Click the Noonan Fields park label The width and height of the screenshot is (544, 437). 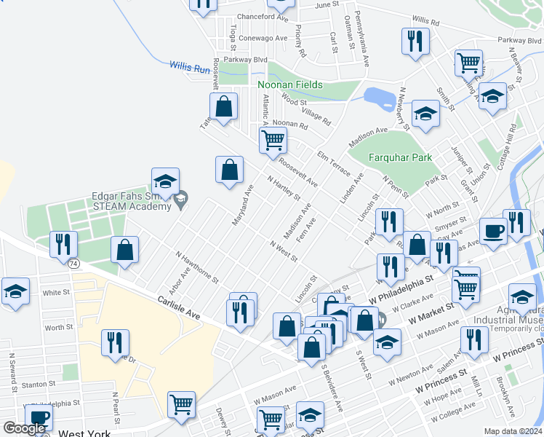pyautogui.click(x=289, y=84)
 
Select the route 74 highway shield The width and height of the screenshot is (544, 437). pyautogui.click(x=73, y=263)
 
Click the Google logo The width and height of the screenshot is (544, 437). pyautogui.click(x=24, y=428)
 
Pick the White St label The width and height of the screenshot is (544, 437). pyautogui.click(x=56, y=292)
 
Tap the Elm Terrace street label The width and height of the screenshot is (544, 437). pyautogui.click(x=335, y=165)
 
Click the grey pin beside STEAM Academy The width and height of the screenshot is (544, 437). pyautogui.click(x=182, y=197)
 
